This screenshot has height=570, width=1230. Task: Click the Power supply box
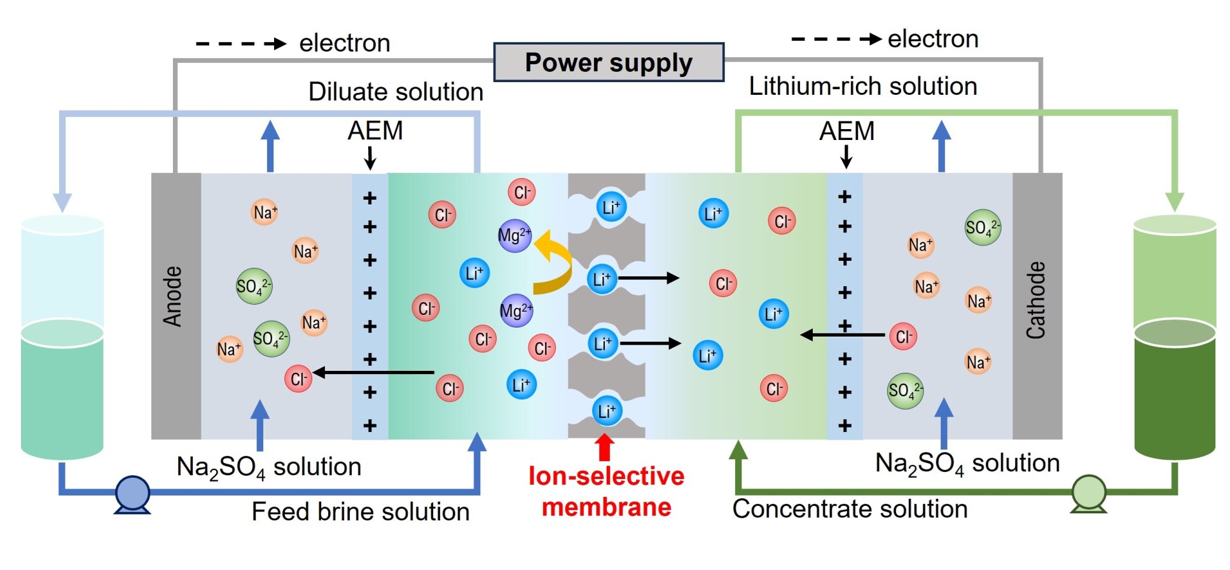609,62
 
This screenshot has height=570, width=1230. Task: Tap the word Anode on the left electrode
173,296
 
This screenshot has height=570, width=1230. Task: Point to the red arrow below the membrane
605,447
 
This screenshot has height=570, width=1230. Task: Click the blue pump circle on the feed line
132,493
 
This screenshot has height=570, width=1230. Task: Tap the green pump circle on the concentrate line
1089,492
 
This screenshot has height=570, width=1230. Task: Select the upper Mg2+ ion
515,235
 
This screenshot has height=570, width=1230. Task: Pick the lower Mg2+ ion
516,310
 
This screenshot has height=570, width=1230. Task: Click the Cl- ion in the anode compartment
298,379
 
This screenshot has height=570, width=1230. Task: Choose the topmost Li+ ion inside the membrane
611,207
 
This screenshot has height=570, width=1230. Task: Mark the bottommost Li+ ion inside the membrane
607,411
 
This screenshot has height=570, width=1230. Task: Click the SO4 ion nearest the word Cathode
983,228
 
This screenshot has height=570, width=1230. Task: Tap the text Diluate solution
396,92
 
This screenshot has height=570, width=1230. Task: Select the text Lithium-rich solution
862,87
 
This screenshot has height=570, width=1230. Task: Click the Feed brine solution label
360,511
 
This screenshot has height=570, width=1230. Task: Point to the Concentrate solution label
850,509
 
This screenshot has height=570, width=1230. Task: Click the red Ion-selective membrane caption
606,492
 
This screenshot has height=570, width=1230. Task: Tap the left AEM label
375,131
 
